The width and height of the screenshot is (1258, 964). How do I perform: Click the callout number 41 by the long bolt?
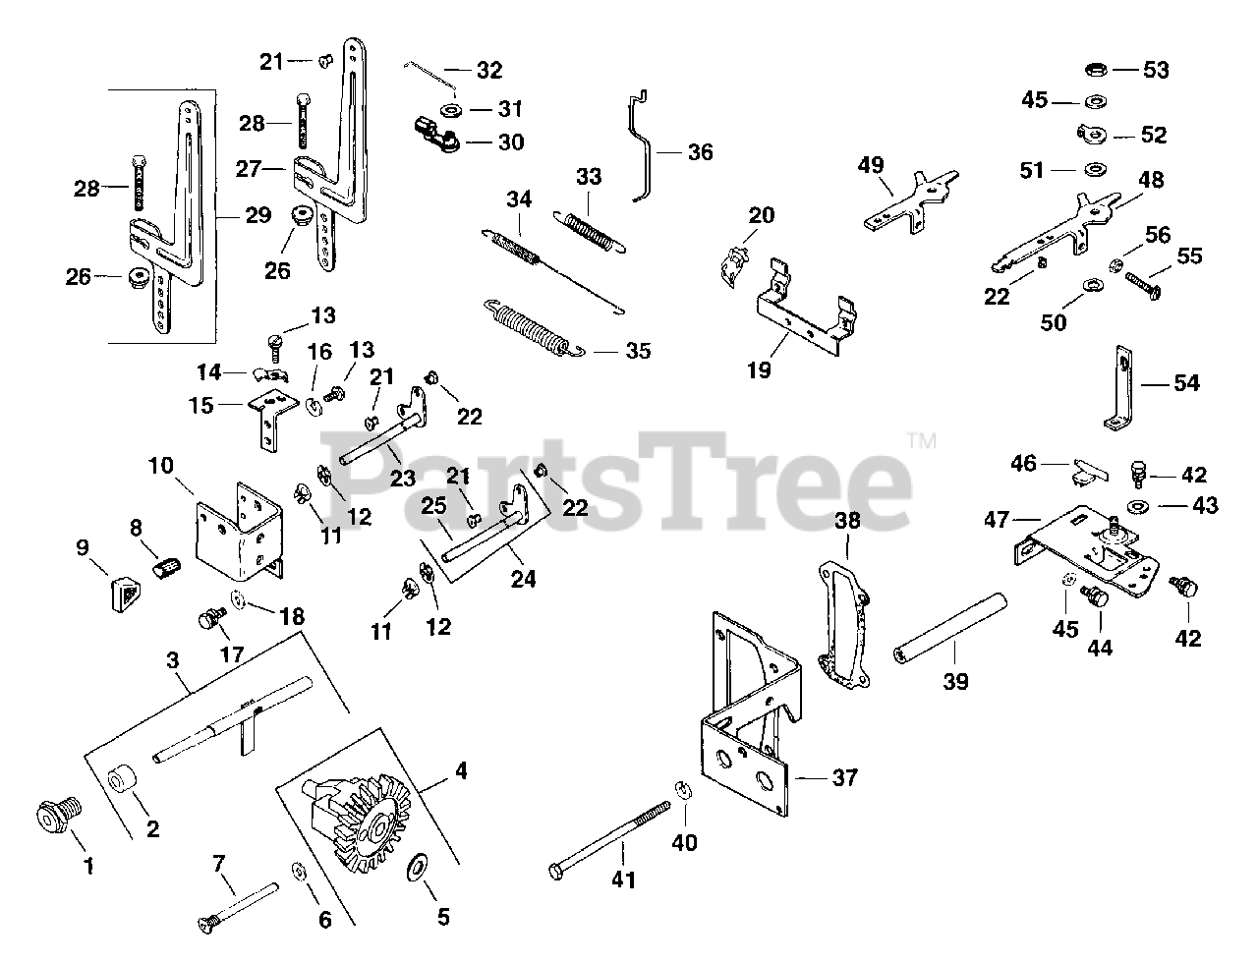pos(622,880)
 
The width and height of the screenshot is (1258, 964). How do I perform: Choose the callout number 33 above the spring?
pos(588,177)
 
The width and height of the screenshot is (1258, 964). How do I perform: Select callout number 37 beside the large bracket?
pos(844,777)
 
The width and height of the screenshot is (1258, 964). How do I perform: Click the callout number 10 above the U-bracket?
pos(162,465)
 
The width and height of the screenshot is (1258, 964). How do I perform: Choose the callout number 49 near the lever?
pos(871,164)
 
